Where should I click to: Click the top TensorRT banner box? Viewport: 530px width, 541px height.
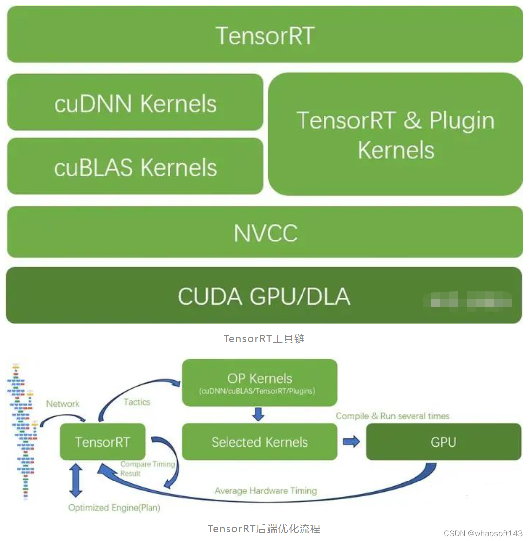(x=265, y=35)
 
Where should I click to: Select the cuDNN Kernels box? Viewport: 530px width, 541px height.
(x=135, y=103)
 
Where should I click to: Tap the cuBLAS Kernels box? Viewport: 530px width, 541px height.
(x=135, y=167)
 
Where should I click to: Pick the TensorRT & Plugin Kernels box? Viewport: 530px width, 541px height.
(x=395, y=134)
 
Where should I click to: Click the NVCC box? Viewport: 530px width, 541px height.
(x=265, y=233)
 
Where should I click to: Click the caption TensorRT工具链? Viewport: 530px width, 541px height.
(x=264, y=339)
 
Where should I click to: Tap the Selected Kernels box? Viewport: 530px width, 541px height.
(x=259, y=442)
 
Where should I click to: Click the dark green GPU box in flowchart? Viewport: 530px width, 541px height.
(x=443, y=442)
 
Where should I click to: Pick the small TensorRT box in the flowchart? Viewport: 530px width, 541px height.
(x=102, y=442)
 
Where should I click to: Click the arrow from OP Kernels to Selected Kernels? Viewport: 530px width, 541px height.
(x=258, y=414)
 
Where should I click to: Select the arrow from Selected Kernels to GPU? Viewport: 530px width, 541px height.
(x=351, y=441)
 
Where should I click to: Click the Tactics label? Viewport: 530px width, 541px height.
(x=137, y=402)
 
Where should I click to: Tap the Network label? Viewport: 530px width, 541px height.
(x=63, y=404)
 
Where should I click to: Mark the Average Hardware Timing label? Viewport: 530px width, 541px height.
(x=266, y=491)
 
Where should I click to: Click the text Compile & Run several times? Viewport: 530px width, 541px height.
(x=392, y=416)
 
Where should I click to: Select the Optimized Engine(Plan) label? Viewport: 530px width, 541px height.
(x=114, y=508)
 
